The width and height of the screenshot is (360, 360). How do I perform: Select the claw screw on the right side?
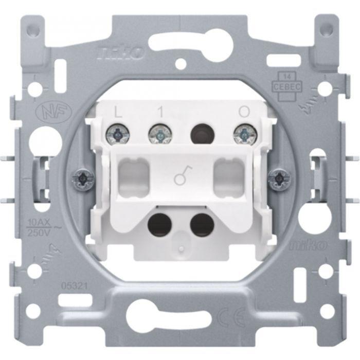[278, 178]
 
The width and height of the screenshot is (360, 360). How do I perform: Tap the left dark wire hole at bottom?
[158, 224]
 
